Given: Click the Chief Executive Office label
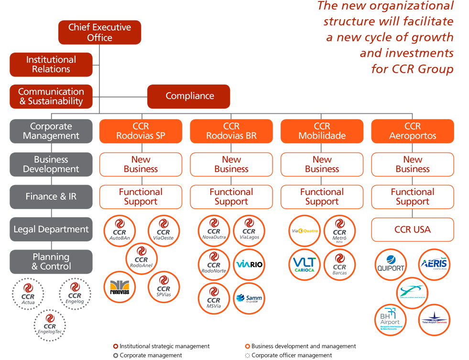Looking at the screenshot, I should tap(99, 33).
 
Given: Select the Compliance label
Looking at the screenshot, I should tap(190, 96).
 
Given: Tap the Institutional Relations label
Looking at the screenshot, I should tap(51, 65).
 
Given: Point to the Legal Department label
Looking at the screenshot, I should tap(51, 229).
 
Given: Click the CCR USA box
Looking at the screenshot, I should tap(413, 230).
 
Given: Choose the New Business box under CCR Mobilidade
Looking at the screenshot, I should tap(322, 164).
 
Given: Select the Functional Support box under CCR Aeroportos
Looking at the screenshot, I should tap(413, 197).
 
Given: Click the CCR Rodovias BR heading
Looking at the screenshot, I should tap(231, 131).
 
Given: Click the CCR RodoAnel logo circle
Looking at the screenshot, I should tap(142, 259).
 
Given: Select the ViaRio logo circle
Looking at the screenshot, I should tap(249, 264).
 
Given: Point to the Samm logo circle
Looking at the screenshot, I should tap(249, 298).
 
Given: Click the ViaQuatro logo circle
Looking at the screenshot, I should tap(305, 231).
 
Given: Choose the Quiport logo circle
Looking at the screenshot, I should tap(391, 265).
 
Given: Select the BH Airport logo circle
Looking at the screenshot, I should tap(391, 319).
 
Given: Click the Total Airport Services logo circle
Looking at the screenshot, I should tap(434, 319).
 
